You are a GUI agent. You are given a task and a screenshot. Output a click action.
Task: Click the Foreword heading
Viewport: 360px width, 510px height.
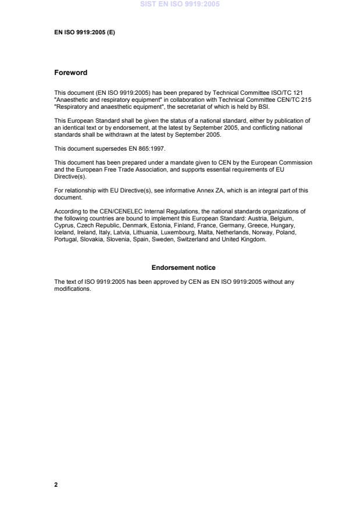pyautogui.click(x=70, y=73)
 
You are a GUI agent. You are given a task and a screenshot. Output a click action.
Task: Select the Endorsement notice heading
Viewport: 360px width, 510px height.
pyautogui.click(x=183, y=268)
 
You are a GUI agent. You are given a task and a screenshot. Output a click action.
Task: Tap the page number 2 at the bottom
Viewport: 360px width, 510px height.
pyautogui.click(x=56, y=484)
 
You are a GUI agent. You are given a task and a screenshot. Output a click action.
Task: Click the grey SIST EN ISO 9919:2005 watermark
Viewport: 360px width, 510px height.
pyautogui.click(x=179, y=5)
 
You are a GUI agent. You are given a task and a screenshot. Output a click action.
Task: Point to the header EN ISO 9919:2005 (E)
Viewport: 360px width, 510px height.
pyautogui.click(x=84, y=32)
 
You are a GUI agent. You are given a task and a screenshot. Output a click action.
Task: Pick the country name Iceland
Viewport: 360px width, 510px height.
pyautogui.click(x=63, y=232)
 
